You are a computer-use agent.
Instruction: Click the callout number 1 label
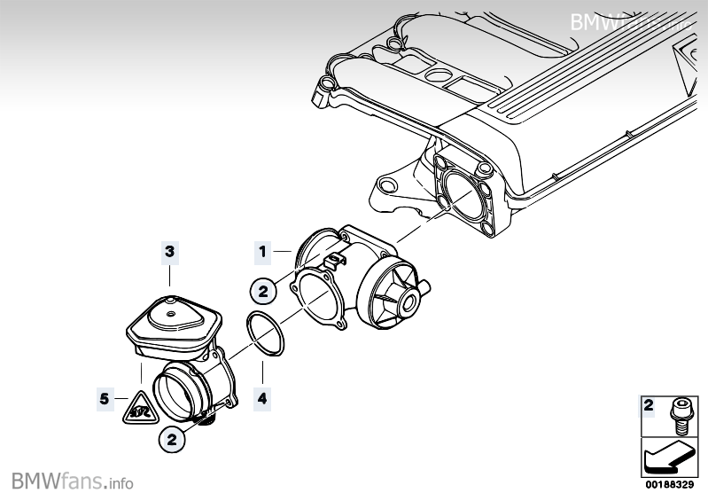pyautogui.click(x=262, y=252)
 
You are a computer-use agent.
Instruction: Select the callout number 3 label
pyautogui.click(x=170, y=253)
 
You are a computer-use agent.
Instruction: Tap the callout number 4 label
pyautogui.click(x=262, y=400)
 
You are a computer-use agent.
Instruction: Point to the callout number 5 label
pyautogui.click(x=105, y=399)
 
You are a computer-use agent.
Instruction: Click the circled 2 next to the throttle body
pyautogui.click(x=262, y=289)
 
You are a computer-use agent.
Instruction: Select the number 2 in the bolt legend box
pyautogui.click(x=650, y=406)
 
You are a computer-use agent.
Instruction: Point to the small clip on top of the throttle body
pyautogui.click(x=334, y=260)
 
